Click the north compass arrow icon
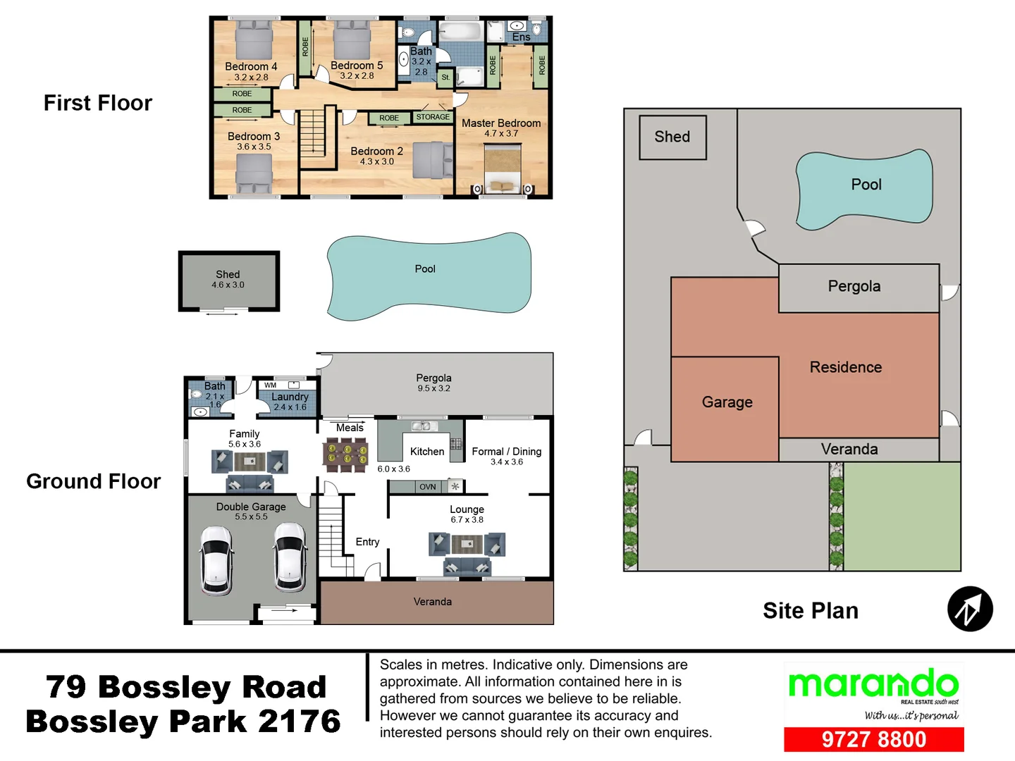pos(970,609)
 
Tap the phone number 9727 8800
pos(873,739)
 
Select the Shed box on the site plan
pos(672,137)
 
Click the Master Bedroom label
pos(500,123)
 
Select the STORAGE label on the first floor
pos(433,117)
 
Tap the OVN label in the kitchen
pos(427,487)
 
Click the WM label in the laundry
pos(271,385)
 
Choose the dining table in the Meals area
pos(345,454)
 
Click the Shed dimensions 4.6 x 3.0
pos(228,285)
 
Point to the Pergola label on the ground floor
pos(433,378)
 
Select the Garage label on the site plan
pos(727,402)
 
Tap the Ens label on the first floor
pos(521,37)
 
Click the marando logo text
pos(873,684)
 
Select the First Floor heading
pos(98,103)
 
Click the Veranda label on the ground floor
pos(432,602)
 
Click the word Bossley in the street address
pos(164,687)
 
